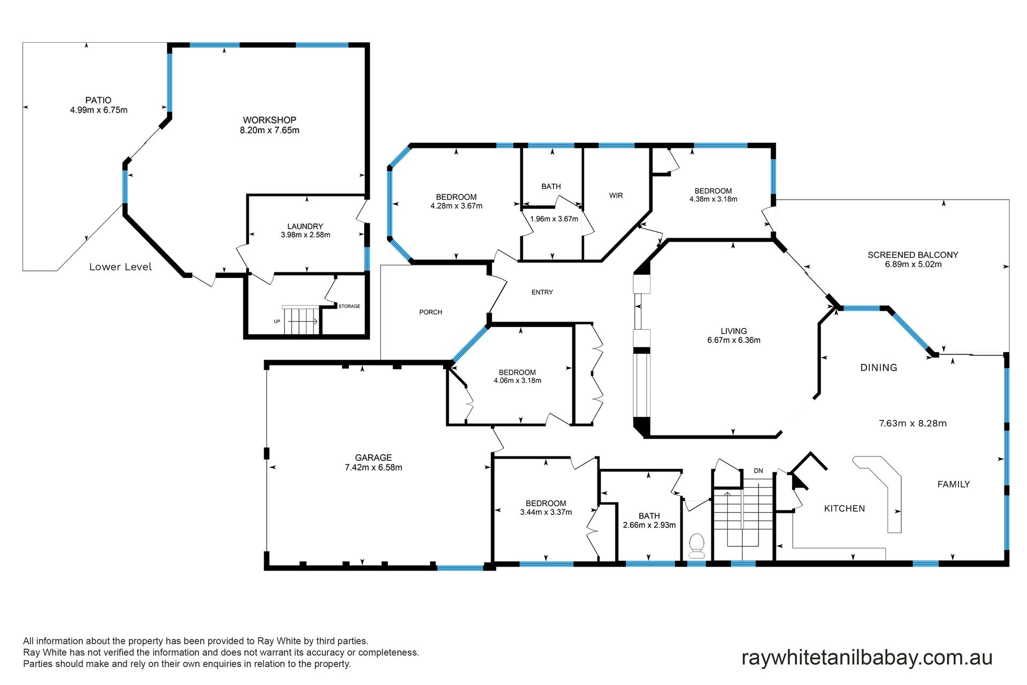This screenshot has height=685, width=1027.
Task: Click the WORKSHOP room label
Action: tap(269, 120)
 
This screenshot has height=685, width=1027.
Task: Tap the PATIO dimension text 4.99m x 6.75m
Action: tap(98, 110)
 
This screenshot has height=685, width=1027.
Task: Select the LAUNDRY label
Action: tap(305, 226)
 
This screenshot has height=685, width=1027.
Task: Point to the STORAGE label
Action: tap(349, 306)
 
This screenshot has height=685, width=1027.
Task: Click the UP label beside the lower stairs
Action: tap(277, 321)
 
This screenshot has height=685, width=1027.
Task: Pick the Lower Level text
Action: tap(120, 267)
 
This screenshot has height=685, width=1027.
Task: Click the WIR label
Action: tap(616, 195)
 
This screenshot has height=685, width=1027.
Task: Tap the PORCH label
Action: tap(431, 312)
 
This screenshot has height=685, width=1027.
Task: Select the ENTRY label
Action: tap(542, 292)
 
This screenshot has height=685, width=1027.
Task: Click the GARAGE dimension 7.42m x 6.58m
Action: tap(373, 467)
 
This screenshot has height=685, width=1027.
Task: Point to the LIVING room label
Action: tap(733, 331)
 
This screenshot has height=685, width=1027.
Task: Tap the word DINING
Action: tap(878, 367)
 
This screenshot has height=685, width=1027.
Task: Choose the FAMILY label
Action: tap(953, 484)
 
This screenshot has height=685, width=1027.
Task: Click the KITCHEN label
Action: tap(844, 508)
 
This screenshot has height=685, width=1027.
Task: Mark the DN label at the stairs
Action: tap(758, 471)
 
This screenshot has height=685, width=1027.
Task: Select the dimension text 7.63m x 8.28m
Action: tap(913, 423)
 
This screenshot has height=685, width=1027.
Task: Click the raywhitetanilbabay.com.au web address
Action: tap(867, 658)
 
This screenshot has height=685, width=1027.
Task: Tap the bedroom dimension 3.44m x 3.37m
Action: tap(546, 512)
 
